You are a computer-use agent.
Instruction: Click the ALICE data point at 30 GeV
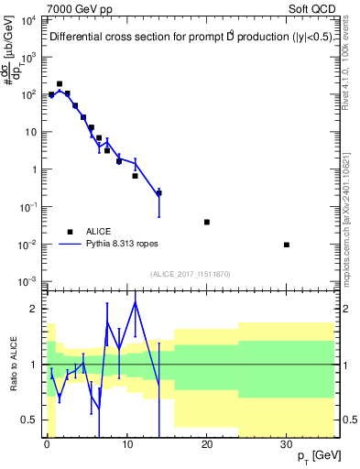pyautogui.click(x=287, y=245)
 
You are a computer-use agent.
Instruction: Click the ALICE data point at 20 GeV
pyautogui.click(x=207, y=222)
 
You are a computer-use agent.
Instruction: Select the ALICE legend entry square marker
pyautogui.click(x=70, y=232)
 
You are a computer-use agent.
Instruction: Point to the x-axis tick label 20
pyautogui.click(x=207, y=444)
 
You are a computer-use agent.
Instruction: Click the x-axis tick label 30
pyautogui.click(x=287, y=444)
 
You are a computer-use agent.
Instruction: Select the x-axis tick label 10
pyautogui.click(x=126, y=444)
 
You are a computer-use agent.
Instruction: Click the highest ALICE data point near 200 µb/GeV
pyautogui.click(x=60, y=83)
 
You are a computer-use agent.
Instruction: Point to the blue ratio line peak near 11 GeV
pyautogui.click(x=136, y=301)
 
